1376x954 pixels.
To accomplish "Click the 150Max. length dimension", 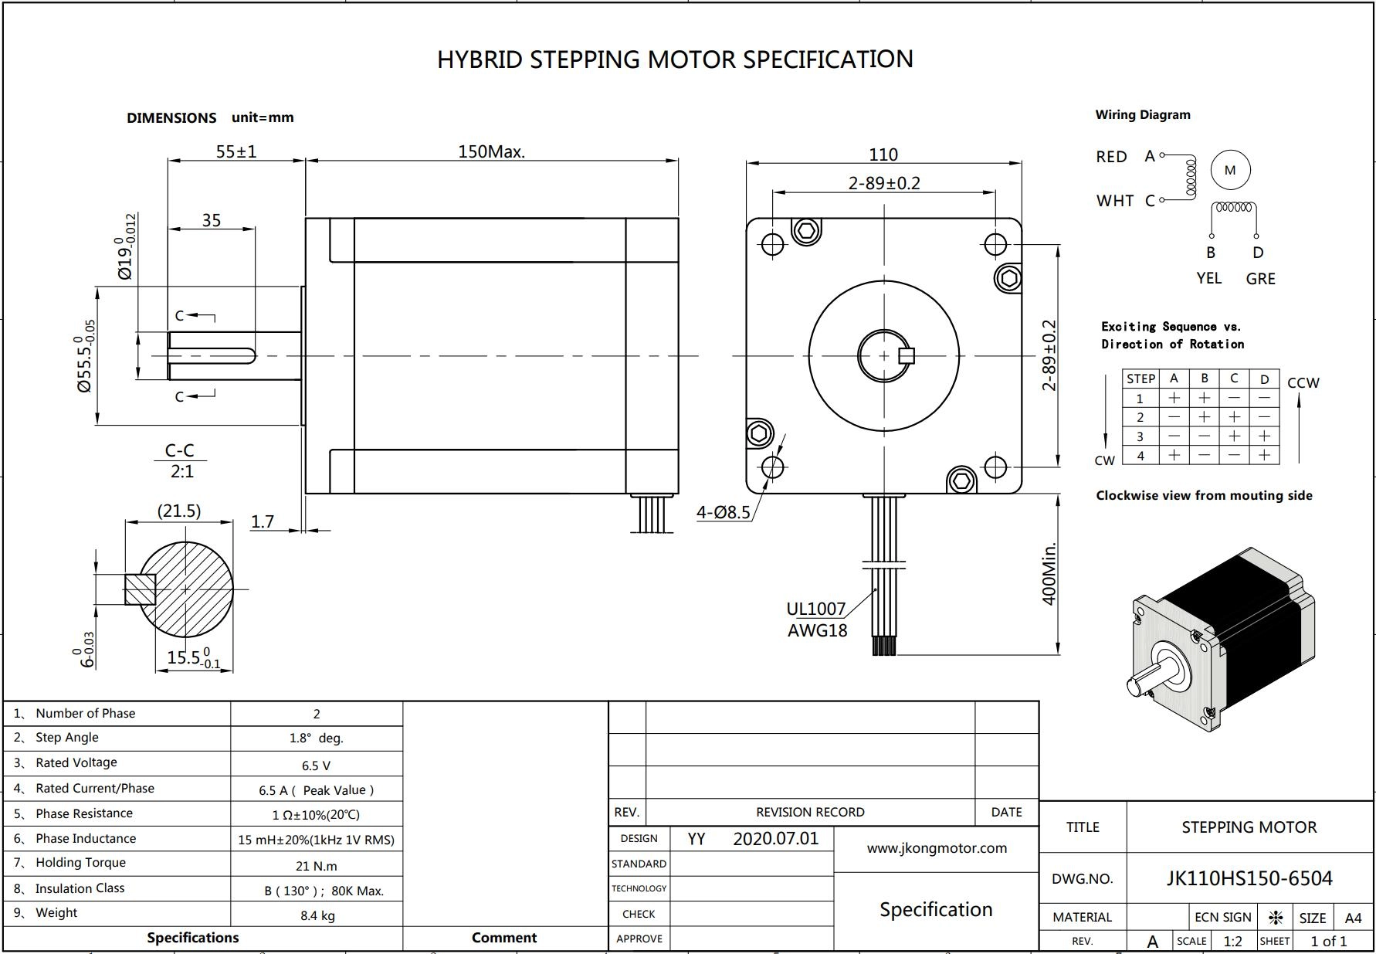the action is click(x=491, y=151).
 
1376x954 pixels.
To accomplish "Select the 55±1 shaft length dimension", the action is click(x=236, y=151).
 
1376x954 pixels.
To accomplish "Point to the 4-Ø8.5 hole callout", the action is click(x=724, y=512).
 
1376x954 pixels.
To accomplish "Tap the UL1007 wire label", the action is click(x=816, y=609).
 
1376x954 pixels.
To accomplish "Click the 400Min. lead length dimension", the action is click(x=1049, y=574).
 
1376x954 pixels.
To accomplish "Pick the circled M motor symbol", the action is click(x=1230, y=170).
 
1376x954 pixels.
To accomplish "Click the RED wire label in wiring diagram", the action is click(x=1111, y=157).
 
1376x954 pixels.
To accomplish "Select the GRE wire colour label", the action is click(x=1260, y=279).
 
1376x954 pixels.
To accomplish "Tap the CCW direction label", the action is click(x=1303, y=383).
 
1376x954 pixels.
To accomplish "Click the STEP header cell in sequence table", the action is click(x=1140, y=379).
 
